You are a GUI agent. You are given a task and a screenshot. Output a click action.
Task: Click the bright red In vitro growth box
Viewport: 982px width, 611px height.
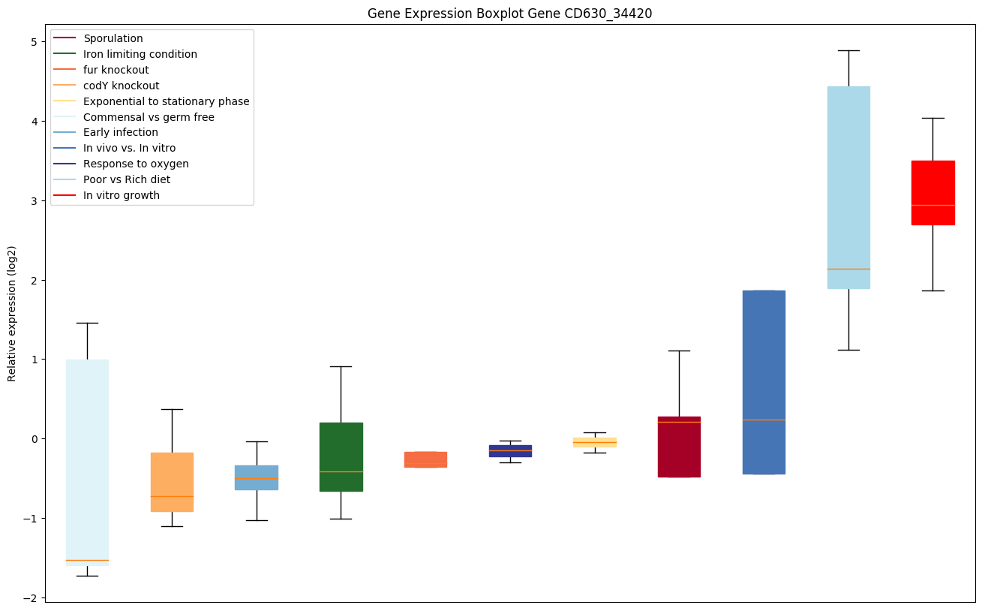[932, 192]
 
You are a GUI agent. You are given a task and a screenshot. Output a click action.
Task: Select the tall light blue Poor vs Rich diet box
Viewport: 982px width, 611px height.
[848, 188]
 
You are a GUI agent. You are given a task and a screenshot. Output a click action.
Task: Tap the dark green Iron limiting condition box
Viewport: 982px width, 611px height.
[341, 456]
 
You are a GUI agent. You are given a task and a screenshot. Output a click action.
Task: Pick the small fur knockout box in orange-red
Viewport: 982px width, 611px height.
[425, 459]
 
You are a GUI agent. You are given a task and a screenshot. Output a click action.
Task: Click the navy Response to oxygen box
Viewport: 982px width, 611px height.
[510, 450]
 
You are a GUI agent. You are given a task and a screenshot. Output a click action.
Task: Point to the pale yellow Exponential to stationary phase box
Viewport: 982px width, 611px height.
[595, 442]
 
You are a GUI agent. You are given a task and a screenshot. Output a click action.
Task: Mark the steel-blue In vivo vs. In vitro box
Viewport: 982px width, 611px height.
[764, 382]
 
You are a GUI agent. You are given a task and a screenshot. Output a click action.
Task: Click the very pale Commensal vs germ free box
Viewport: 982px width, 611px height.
[87, 462]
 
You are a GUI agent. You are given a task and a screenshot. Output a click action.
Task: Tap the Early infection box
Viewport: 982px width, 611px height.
[257, 477]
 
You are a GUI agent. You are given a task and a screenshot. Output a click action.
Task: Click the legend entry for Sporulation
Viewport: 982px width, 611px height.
[113, 38]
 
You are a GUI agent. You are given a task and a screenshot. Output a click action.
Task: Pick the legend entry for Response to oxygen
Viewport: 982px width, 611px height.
[136, 164]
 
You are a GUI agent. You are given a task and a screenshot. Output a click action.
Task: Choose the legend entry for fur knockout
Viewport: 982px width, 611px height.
[116, 70]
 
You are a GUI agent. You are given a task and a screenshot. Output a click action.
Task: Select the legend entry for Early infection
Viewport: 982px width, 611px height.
[121, 132]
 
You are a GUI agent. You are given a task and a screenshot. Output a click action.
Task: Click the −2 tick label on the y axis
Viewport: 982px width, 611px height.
[29, 597]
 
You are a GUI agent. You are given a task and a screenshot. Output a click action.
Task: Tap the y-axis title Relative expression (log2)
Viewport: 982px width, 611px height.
[12, 313]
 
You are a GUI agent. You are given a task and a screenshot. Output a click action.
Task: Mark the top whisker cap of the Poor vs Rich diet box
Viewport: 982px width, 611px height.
[848, 50]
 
